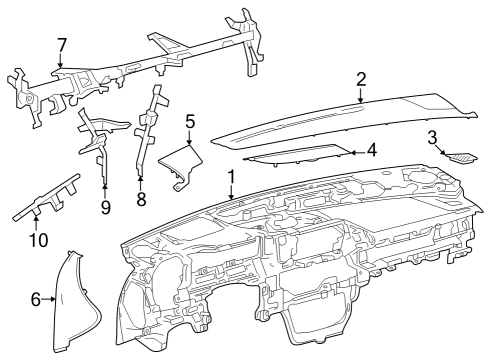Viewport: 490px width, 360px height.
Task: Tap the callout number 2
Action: tap(361, 79)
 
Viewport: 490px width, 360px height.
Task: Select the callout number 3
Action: tap(432, 137)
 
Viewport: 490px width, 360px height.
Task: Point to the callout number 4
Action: tap(370, 151)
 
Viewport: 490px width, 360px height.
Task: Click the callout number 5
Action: tap(189, 123)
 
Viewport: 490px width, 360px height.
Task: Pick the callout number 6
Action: tap(36, 298)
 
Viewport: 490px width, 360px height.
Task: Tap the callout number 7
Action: tap(62, 45)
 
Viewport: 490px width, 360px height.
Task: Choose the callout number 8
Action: tap(141, 199)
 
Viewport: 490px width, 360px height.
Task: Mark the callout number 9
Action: tap(105, 207)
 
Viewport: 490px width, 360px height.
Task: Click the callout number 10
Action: tap(38, 239)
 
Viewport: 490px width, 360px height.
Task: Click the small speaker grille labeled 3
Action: tap(462, 156)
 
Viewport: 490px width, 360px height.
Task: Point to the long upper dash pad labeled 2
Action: tap(340, 115)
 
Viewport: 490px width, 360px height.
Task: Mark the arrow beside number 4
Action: tap(356, 151)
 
